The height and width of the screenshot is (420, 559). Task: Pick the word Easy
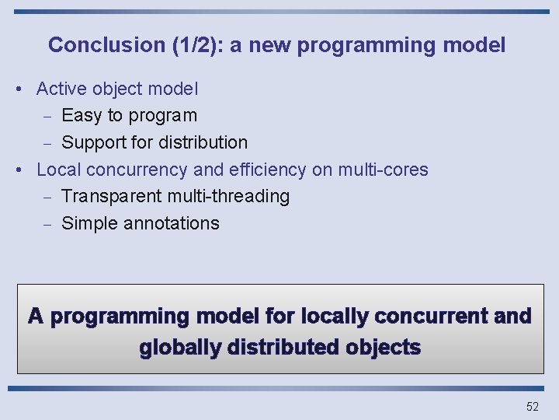tap(82, 116)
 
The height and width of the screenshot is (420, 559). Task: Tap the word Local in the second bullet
tap(59, 170)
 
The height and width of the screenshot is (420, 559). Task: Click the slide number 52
tap(532, 407)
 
